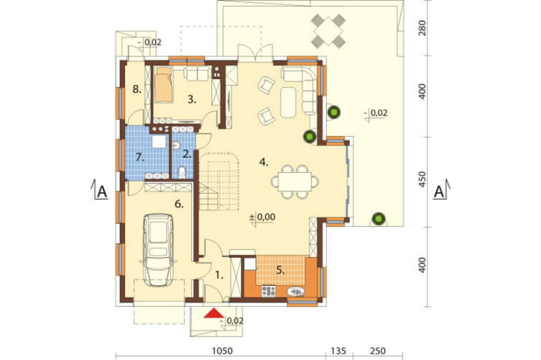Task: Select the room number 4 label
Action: [264, 162]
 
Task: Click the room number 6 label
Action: [179, 204]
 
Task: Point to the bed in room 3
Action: [163, 85]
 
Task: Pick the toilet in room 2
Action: [182, 173]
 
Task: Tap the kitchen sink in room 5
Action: [296, 292]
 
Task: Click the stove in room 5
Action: [268, 291]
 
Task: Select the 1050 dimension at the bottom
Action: [222, 351]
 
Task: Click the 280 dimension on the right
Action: [422, 28]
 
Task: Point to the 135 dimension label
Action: [338, 351]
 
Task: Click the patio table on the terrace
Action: [328, 31]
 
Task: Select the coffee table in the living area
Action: [288, 102]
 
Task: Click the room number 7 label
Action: [139, 158]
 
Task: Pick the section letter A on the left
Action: [102, 192]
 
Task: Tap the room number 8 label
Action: [137, 90]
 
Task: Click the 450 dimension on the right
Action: [422, 179]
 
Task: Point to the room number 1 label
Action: [219, 275]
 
